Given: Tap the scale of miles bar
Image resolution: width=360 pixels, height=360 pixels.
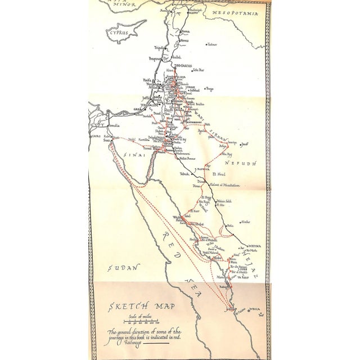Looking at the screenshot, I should tap(141, 325).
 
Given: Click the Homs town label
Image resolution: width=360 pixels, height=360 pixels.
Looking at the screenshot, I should tap(186, 40).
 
